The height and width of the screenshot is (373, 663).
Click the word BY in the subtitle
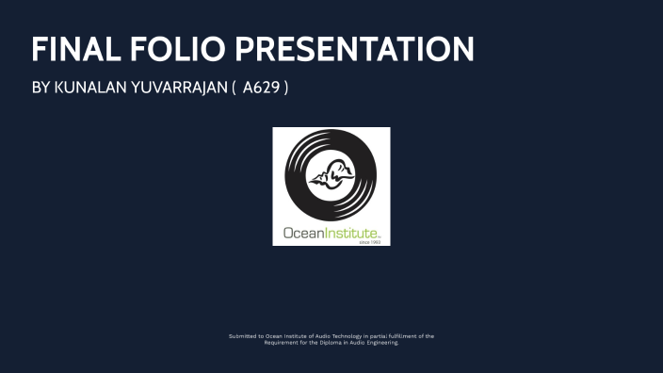40,89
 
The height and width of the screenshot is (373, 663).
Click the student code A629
261,89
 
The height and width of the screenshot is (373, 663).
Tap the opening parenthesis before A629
234,89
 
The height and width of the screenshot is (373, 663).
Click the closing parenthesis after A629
285,89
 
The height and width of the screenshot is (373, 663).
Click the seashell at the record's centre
331,175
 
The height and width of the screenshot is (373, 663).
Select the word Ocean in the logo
304,232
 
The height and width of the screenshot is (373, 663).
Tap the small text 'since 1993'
369,242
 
